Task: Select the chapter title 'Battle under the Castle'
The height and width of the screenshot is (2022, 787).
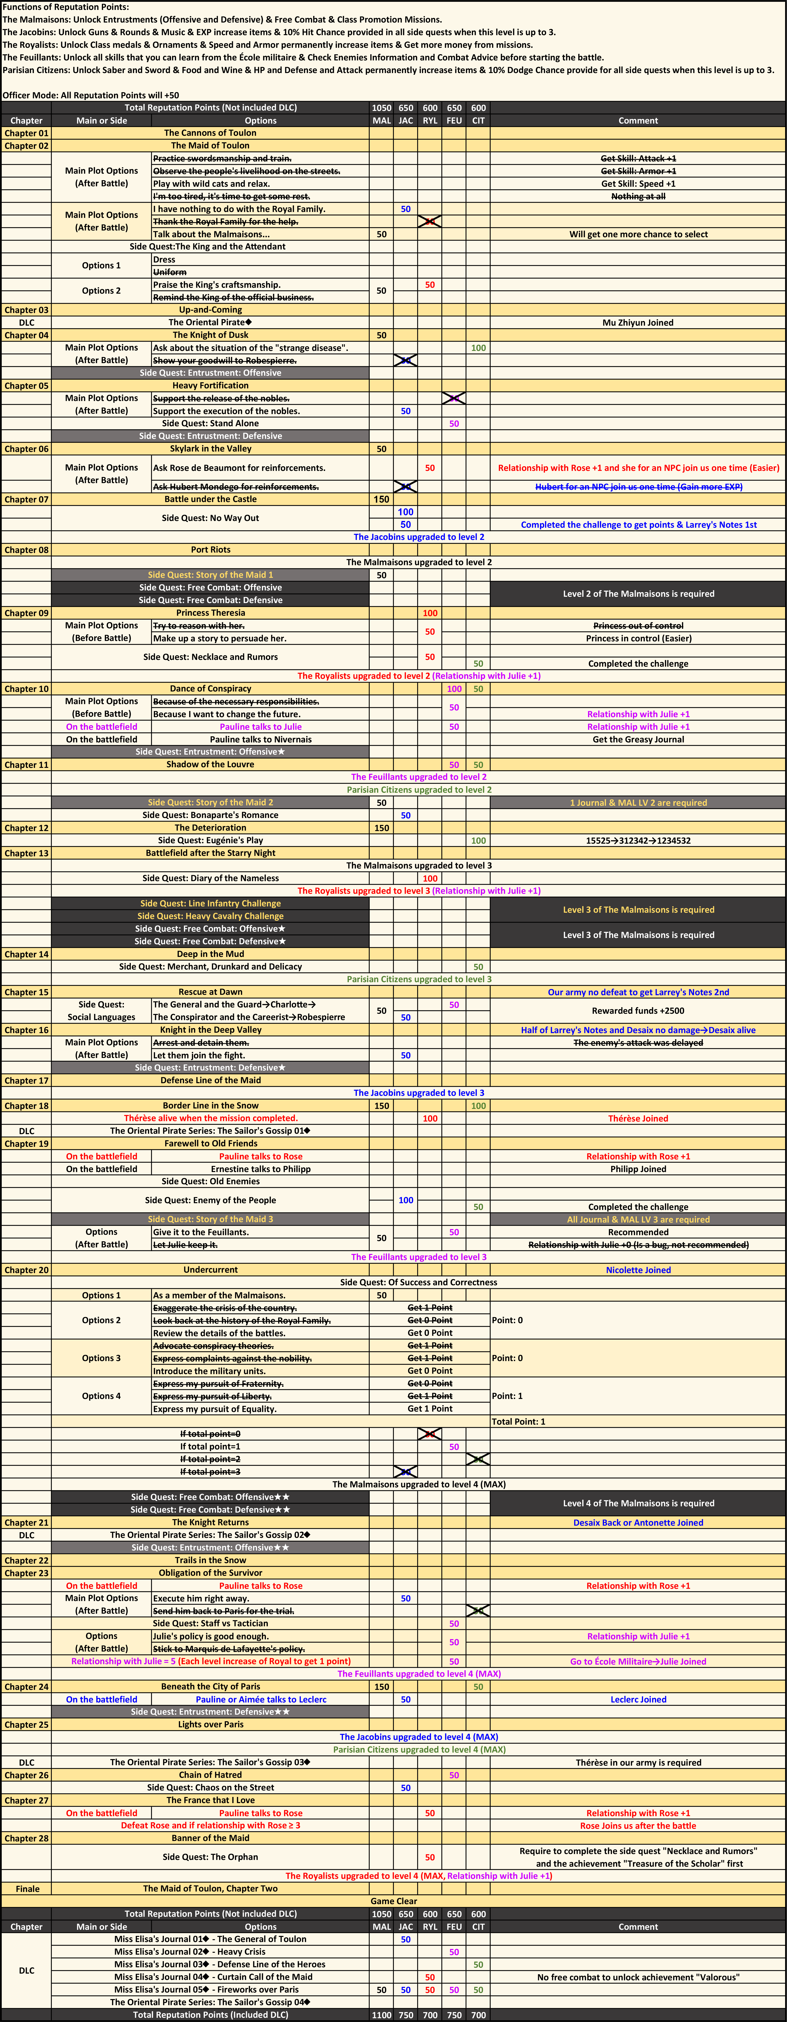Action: pos(210,499)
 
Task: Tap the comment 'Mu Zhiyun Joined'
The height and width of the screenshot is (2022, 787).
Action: pos(638,323)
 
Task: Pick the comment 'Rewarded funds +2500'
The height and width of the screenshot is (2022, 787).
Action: pos(638,1011)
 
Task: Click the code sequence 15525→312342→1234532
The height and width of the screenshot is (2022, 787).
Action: pos(638,841)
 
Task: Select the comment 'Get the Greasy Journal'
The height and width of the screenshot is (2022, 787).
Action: pos(638,739)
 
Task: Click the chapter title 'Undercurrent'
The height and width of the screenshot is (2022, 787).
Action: pos(210,1270)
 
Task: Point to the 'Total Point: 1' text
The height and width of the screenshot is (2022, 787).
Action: pos(519,1421)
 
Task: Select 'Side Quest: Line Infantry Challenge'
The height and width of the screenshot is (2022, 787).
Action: pos(210,903)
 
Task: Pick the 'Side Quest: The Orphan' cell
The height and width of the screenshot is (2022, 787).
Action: pos(210,1857)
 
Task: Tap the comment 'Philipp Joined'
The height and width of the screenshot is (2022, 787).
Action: pos(638,1169)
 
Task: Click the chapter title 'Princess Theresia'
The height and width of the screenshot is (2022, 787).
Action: pos(210,613)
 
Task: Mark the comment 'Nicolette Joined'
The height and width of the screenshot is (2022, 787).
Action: pos(638,1270)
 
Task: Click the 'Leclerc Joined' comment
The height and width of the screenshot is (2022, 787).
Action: pos(638,1699)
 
